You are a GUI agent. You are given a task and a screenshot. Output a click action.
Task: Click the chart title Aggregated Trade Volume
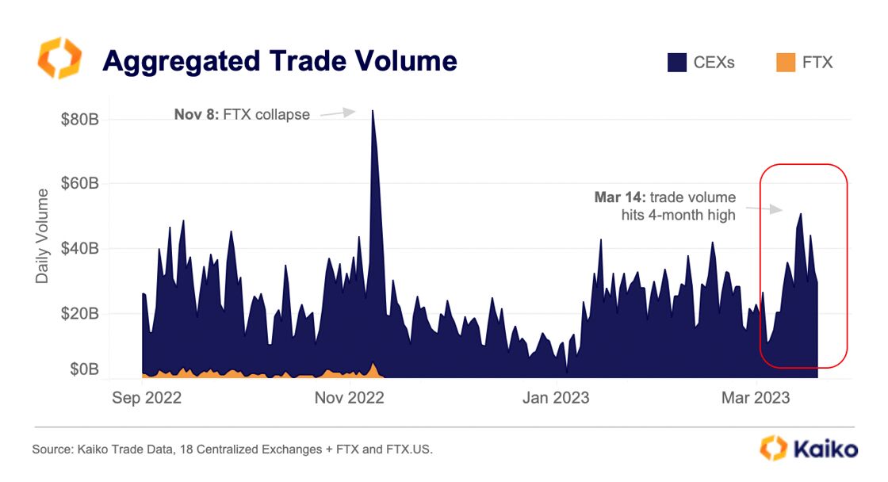click(x=279, y=61)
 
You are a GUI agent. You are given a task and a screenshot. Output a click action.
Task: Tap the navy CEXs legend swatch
click(x=676, y=62)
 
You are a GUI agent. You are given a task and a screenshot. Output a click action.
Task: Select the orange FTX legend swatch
click(x=785, y=62)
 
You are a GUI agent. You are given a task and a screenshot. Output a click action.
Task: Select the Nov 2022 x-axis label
click(x=349, y=398)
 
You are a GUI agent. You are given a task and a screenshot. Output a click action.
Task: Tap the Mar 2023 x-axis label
click(x=756, y=398)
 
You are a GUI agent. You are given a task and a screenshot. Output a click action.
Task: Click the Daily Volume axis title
click(x=42, y=235)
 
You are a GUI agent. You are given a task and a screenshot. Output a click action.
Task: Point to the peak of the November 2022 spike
click(x=373, y=111)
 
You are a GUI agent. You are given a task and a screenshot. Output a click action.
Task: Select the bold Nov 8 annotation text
click(x=195, y=114)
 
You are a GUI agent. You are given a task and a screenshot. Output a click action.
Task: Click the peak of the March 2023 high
click(x=801, y=214)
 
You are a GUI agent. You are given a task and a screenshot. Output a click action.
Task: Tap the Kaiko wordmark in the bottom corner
click(x=821, y=449)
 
